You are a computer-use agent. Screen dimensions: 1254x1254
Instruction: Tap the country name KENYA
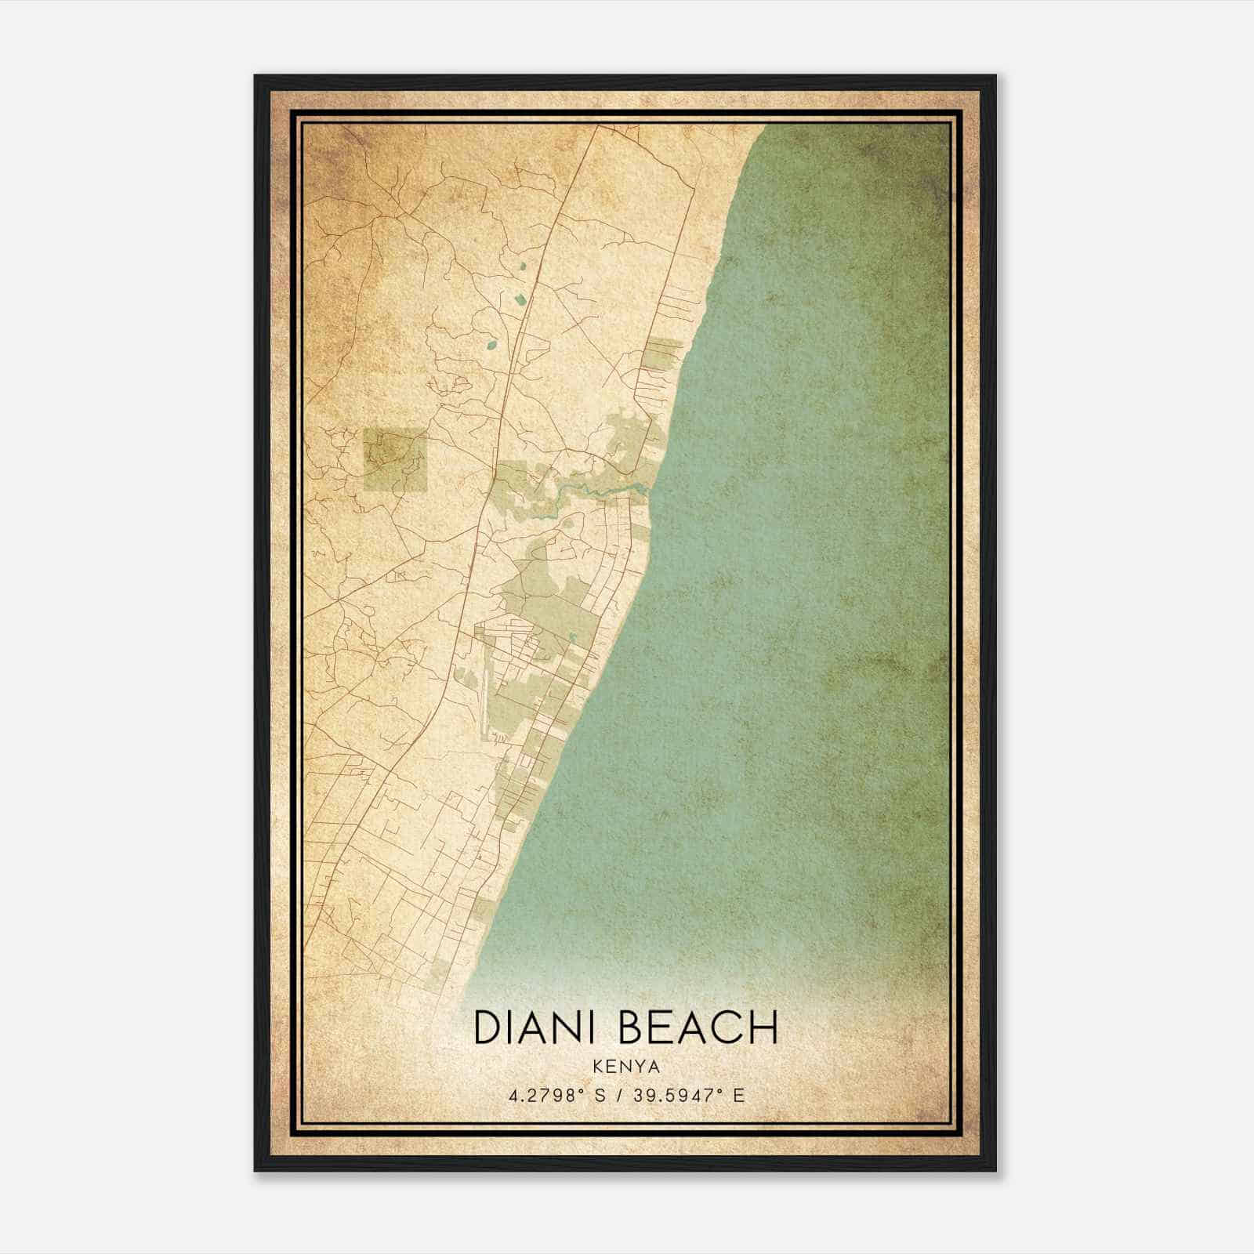tap(626, 1067)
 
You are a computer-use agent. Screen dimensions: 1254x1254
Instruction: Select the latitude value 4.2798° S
tap(556, 1095)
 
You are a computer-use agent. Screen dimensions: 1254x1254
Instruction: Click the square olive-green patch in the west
tap(395, 459)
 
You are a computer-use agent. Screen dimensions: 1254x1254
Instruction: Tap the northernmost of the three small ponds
tap(523, 266)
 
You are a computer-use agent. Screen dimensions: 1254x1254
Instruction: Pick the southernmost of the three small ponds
tap(491, 343)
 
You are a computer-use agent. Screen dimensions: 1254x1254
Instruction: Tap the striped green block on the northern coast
tap(663, 353)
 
